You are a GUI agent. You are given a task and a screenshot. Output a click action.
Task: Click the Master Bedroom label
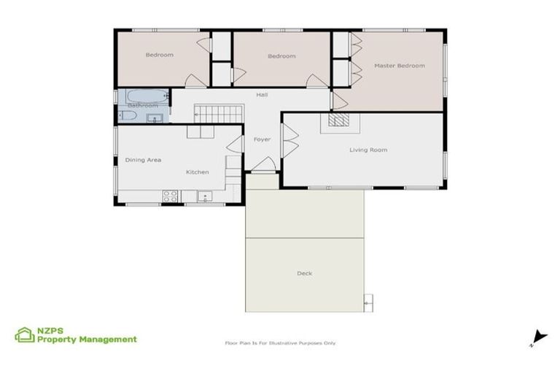pyautogui.click(x=399, y=66)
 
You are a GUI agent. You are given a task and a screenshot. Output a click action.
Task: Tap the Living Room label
pyautogui.click(x=368, y=150)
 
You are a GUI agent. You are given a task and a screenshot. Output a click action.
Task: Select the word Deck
pyautogui.click(x=304, y=273)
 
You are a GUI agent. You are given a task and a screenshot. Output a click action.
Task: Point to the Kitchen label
pyautogui.click(x=197, y=172)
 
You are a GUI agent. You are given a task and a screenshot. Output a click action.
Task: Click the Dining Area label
pyautogui.click(x=143, y=159)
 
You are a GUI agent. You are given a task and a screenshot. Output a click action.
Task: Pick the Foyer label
pyautogui.click(x=262, y=139)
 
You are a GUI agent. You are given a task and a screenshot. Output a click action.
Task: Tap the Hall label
pyautogui.click(x=262, y=95)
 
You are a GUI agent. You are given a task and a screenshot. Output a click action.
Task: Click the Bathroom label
pyautogui.click(x=142, y=106)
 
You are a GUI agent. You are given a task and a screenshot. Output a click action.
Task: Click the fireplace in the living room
pyautogui.click(x=338, y=121)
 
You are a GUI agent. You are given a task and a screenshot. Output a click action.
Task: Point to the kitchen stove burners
pyautogui.click(x=170, y=196)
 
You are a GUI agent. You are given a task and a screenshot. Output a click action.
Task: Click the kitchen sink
pyautogui.click(x=204, y=196)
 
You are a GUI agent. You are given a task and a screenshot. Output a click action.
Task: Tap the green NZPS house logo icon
pyautogui.click(x=25, y=335)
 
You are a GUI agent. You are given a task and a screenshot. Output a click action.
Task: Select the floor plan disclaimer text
pyautogui.click(x=280, y=343)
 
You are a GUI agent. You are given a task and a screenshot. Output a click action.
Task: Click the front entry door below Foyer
pyautogui.click(x=262, y=166)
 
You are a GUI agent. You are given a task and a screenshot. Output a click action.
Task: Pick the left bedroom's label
pyautogui.click(x=159, y=56)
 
